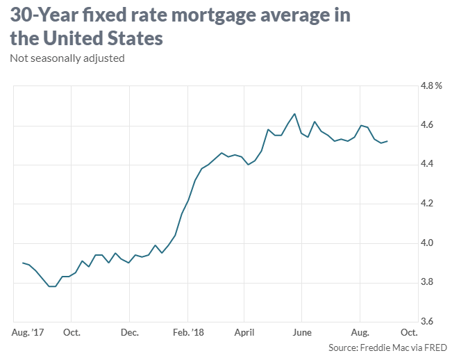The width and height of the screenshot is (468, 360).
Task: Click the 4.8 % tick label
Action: pos(431,86)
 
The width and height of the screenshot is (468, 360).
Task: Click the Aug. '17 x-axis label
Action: pos(28,332)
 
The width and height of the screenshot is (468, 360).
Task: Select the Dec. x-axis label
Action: pos(130,332)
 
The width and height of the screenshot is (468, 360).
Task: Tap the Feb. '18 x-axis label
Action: pos(187,332)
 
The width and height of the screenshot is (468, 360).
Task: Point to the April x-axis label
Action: pos(244,332)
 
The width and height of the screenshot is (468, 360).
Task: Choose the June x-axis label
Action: pos(302,332)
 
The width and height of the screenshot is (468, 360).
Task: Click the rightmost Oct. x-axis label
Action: pos(409,332)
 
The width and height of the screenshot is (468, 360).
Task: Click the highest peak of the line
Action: pos(295,114)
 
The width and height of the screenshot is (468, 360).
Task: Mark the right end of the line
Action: pos(387,141)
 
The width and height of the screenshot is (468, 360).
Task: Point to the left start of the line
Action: pos(23,263)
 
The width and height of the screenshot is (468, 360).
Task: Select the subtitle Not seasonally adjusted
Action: pos(67,58)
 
